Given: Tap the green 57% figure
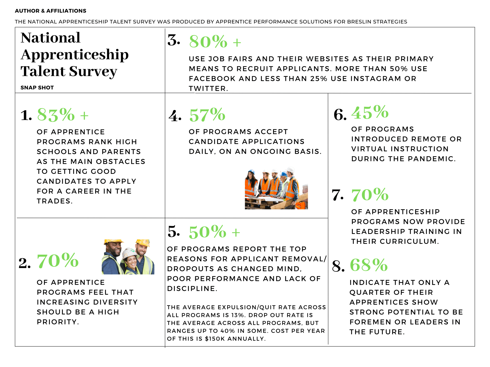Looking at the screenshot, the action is pyautogui.click(x=207, y=115).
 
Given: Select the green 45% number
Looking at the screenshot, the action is pyautogui.click(x=370, y=112).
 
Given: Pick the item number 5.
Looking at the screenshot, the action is pyautogui.click(x=174, y=231).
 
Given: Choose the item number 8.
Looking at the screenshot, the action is pyautogui.click(x=338, y=266).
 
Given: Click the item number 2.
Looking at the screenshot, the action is pyautogui.click(x=25, y=263).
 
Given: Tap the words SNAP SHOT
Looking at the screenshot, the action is pyautogui.click(x=37, y=88).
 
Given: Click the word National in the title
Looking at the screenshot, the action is pyautogui.click(x=51, y=38).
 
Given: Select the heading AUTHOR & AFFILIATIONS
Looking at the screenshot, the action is pyautogui.click(x=51, y=11).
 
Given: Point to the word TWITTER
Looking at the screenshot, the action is pyautogui.click(x=207, y=89).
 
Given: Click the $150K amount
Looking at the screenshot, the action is pyautogui.click(x=215, y=339).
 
